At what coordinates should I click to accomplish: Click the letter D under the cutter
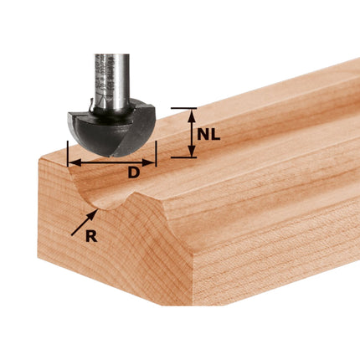[x=133, y=173]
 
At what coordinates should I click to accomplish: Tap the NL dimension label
[x=209, y=133]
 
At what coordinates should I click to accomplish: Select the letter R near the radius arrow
[x=91, y=237]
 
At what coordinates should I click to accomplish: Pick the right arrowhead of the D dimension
[x=154, y=162]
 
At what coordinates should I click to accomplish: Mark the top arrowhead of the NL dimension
[x=191, y=111]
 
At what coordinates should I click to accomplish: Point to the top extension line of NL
[x=184, y=108]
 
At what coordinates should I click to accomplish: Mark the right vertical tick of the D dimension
[x=157, y=155]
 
